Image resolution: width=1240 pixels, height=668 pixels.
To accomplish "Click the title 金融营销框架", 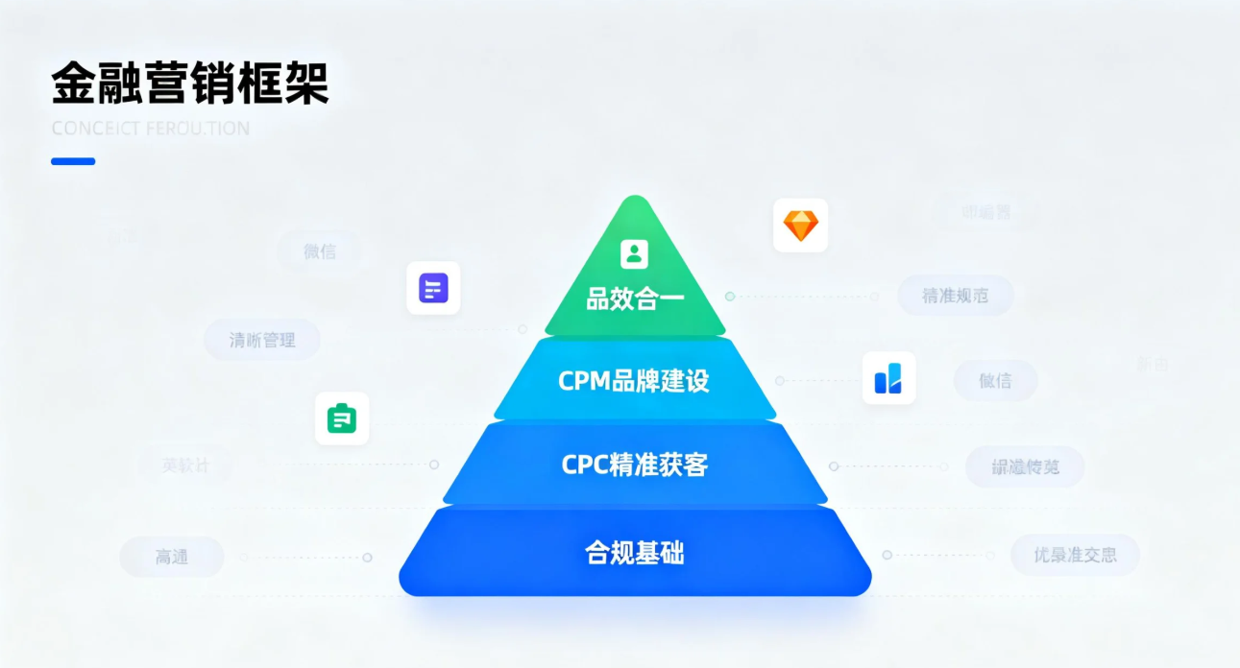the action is coord(189,83).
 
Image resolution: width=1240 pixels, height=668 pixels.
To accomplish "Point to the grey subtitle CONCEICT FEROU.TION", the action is coord(150,129).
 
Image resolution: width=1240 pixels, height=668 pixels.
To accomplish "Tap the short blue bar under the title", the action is coord(73,161).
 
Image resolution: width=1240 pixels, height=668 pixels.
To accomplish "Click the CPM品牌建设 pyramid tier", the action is coord(634,380).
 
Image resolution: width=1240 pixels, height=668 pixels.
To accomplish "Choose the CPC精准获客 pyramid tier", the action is coord(634,465).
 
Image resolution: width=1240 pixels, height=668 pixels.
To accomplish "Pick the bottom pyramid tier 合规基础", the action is coord(634,553).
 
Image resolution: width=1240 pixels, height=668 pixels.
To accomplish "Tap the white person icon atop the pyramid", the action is coord(634,253).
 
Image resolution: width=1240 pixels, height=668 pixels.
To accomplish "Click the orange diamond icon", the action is coord(800,226).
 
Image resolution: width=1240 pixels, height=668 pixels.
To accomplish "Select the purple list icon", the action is coord(433,288).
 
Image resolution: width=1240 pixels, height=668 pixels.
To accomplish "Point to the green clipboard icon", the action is coord(342,418).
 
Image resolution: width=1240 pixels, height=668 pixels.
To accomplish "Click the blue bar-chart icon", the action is coord(888,377).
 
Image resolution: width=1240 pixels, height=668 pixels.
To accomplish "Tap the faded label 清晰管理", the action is coord(262,340).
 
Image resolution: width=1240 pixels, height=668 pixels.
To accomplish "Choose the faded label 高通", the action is coord(172,557).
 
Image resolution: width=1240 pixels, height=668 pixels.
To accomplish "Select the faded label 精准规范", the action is coord(955,296).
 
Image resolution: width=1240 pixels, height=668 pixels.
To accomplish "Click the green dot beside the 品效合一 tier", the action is coord(730,297).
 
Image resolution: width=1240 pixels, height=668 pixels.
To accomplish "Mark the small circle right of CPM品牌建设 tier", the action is coord(780,380).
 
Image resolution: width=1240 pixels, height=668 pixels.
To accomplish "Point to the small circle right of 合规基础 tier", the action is coord(887,555).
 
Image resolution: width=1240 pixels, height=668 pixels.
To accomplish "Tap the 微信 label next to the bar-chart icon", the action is coord(995,380).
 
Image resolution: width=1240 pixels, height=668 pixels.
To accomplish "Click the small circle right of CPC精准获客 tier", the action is coord(834,466).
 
